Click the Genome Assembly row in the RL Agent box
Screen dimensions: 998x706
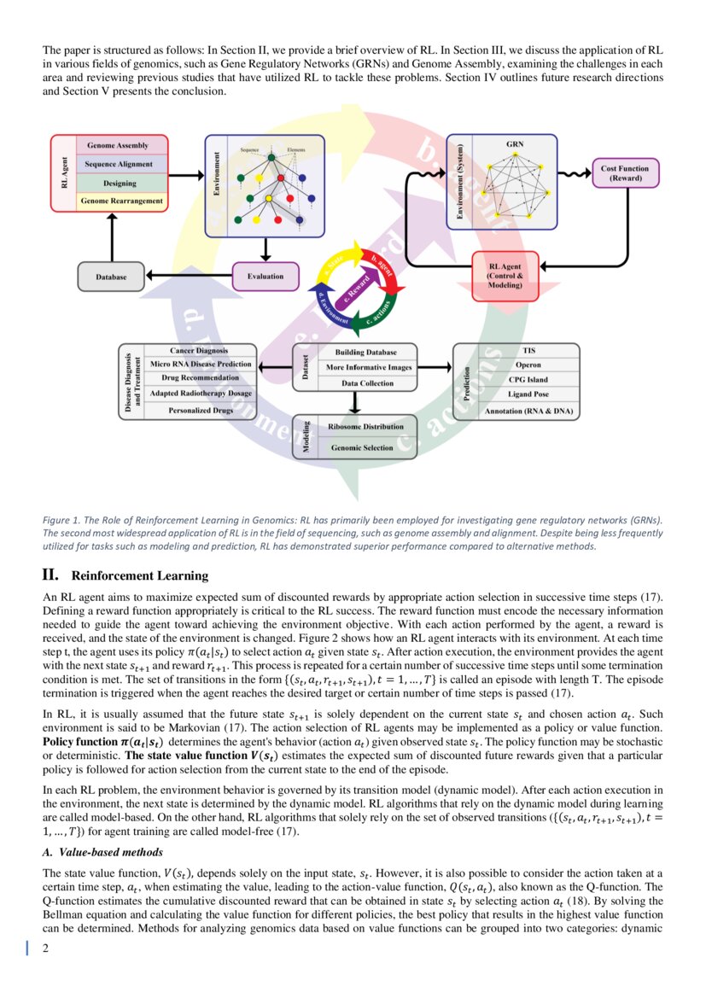coord(119,146)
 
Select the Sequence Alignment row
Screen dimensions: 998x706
coord(119,164)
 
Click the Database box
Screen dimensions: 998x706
coord(111,277)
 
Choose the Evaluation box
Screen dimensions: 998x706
coord(265,276)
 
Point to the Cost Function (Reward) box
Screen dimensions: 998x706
coord(624,173)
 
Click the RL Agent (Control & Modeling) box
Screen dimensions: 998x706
coord(505,276)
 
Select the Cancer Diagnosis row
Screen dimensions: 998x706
coord(200,351)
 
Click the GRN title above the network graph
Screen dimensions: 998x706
coord(515,144)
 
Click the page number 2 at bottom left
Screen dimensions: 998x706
coord(46,947)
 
